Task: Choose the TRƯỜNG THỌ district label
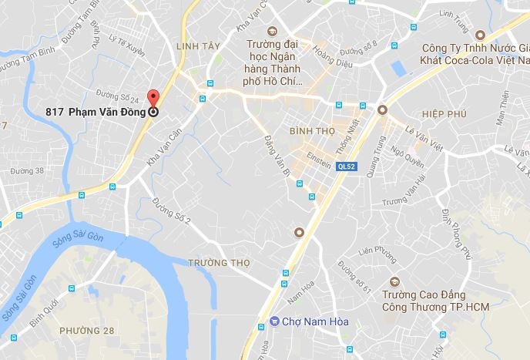(220, 262)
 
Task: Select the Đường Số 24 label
(123, 99)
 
